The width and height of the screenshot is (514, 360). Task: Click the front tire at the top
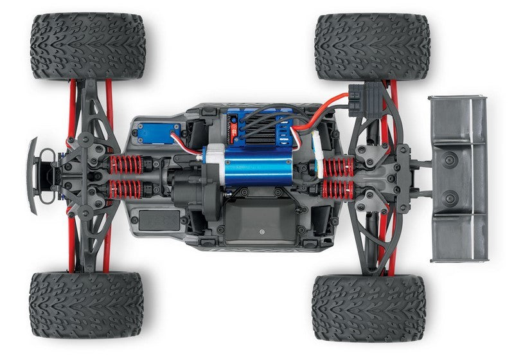[x=88, y=46]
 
